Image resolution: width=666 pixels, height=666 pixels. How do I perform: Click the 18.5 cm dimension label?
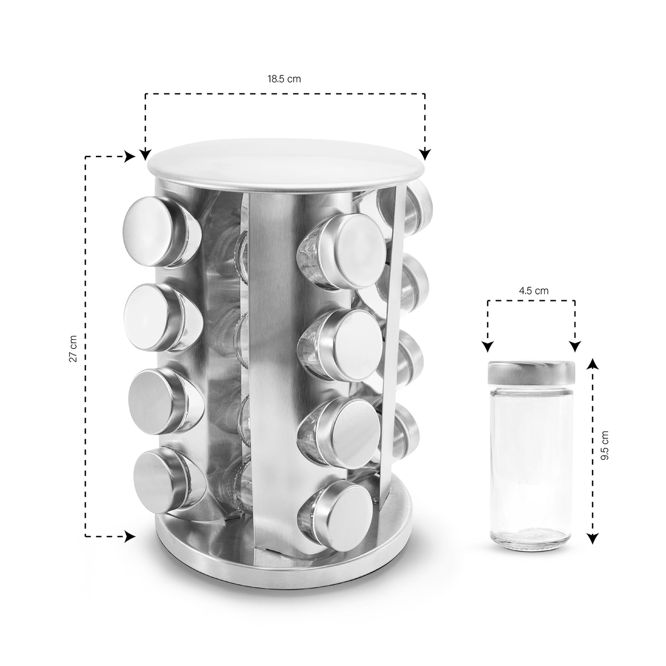tap(284, 79)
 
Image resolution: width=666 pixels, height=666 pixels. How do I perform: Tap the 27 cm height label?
tap(73, 348)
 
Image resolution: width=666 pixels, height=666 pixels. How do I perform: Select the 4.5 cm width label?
tap(534, 291)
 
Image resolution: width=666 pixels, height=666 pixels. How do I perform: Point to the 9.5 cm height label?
tap(605, 446)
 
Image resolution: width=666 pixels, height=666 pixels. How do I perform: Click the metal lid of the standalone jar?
tap(531, 373)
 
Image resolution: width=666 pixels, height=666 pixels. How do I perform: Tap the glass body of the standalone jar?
tap(530, 466)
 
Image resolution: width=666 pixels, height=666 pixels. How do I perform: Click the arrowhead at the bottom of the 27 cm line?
tap(130, 546)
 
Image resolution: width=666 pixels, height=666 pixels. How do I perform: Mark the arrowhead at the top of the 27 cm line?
tap(130, 157)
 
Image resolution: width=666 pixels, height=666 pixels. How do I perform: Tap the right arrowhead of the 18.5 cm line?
tap(425, 154)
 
